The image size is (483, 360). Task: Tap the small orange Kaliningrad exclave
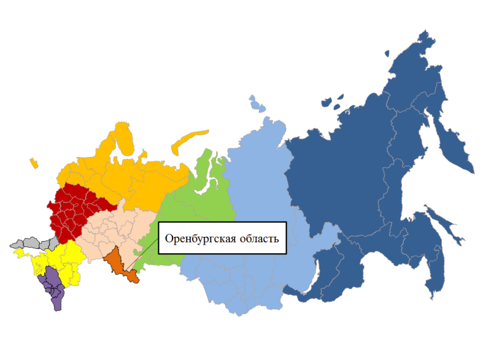[33, 162]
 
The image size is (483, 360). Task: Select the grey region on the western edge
[33, 243]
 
